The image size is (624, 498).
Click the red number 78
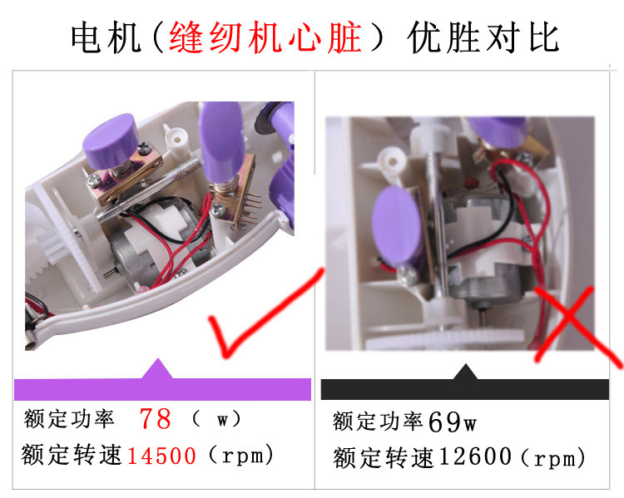point(156,419)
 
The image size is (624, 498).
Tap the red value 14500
point(161,456)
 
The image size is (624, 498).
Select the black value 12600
point(476,456)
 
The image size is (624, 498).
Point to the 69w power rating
point(453,422)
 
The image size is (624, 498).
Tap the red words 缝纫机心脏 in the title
point(265,37)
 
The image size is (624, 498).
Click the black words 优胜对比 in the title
point(483,37)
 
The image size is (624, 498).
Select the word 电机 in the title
point(106,37)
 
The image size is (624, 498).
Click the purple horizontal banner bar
point(162,389)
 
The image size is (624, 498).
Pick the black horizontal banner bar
point(465,389)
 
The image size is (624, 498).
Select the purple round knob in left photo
point(111,140)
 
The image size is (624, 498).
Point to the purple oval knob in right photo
point(396,227)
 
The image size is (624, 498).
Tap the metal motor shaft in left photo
point(109,274)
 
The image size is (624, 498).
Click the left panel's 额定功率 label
point(69,419)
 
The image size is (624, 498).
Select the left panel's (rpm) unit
point(241,455)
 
